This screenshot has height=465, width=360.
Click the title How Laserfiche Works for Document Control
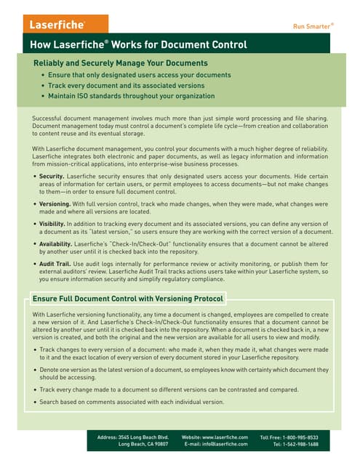pos(138,45)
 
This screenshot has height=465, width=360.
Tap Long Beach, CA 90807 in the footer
pos(143,444)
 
